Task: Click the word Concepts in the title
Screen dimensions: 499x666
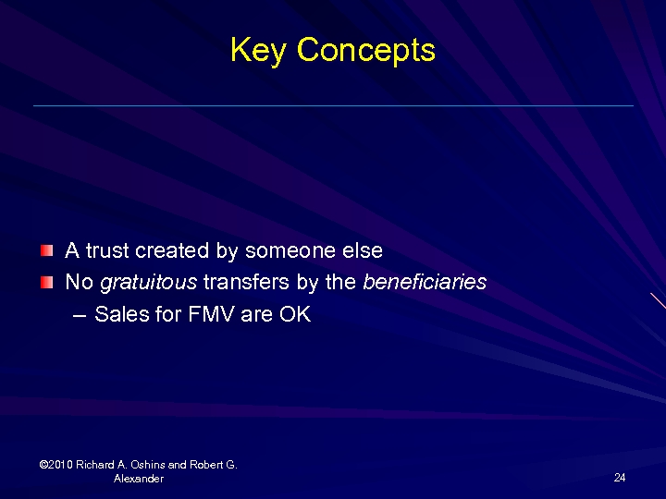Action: point(365,50)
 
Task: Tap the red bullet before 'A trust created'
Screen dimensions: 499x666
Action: point(47,250)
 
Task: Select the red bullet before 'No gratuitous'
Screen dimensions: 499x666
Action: point(47,282)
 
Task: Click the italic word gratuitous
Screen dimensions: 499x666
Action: point(148,282)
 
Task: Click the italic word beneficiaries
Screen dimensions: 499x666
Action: point(425,282)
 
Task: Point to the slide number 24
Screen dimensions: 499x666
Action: point(620,478)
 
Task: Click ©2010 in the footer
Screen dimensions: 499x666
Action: point(55,465)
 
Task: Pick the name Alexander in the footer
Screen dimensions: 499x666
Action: point(139,479)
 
